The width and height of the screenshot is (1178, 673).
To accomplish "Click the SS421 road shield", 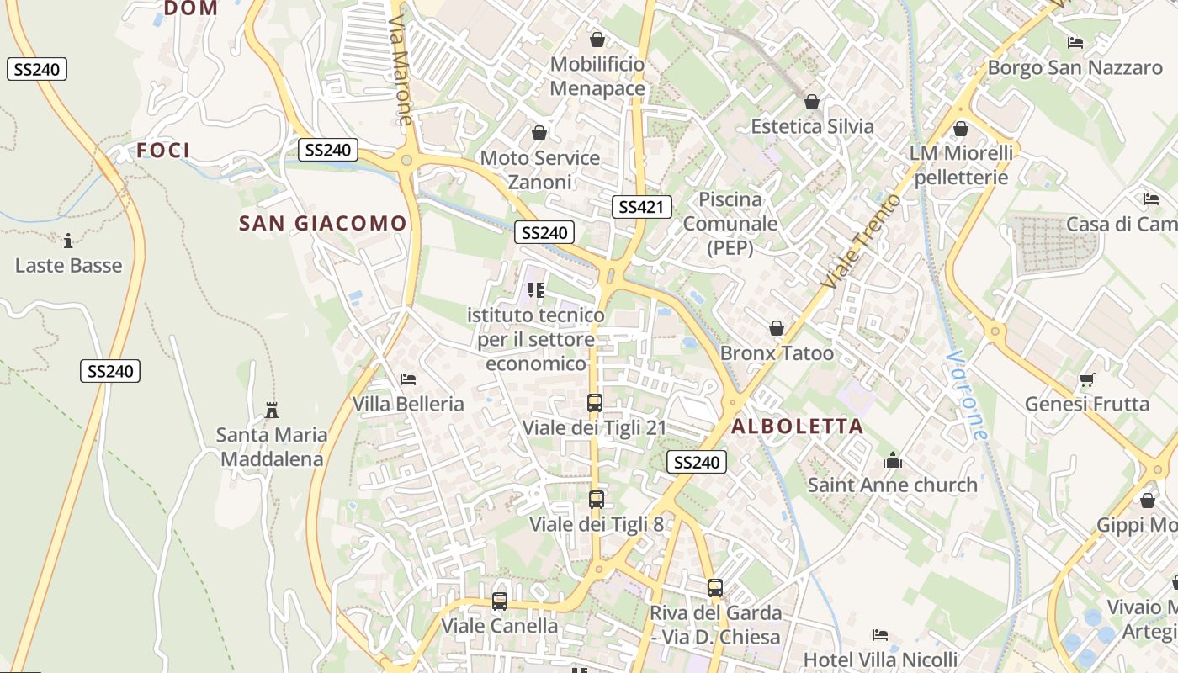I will pos(641,207).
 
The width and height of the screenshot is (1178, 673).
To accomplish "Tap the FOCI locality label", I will pos(163,151).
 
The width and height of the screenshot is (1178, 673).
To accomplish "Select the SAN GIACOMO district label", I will pos(323,223).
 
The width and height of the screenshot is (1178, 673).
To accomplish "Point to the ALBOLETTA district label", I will pos(798,426).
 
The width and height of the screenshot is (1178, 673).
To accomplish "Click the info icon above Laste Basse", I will pos(68,241).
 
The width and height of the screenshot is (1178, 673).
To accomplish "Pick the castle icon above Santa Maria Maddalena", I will pos(271,411).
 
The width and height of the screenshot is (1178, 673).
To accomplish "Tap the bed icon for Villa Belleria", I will pos(408,379).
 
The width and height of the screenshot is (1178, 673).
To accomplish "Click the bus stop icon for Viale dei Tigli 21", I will pos(595,402).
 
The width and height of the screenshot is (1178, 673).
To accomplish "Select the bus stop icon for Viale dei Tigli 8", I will pos(597,499).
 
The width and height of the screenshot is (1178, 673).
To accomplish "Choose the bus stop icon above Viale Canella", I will pos(500,601).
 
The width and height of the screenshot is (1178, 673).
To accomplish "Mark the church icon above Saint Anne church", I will pos(893,460).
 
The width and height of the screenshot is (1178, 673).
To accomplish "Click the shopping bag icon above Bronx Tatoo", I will pos(777,328).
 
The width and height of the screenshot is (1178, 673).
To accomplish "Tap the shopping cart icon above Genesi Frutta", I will pos(1086,380).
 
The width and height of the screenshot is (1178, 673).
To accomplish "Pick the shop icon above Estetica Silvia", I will pos(812,102).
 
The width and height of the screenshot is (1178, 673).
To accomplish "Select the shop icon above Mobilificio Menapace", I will pos(597,40).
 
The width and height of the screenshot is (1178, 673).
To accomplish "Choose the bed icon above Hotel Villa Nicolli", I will pos(880,634).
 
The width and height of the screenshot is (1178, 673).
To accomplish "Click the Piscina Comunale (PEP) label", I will pos(730,224).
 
